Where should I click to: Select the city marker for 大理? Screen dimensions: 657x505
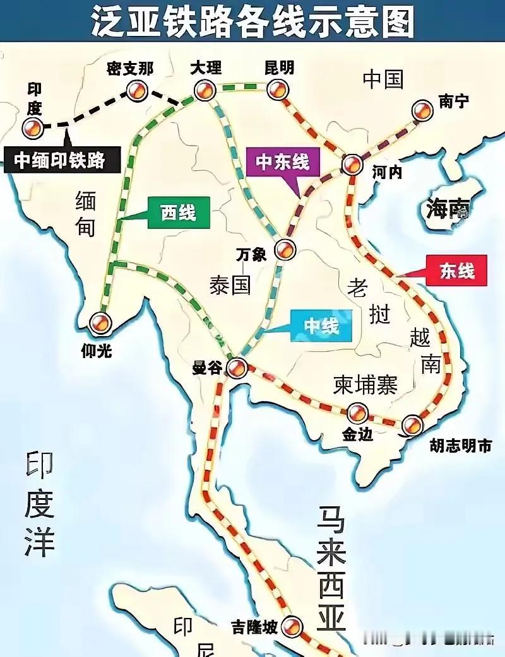(203, 93)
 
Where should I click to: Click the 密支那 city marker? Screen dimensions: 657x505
(135, 93)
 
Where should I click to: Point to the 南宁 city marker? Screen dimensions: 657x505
(422, 111)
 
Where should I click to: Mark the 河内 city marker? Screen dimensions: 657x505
(352, 164)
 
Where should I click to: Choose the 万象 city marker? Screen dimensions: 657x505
(285, 250)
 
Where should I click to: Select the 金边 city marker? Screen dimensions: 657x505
(357, 414)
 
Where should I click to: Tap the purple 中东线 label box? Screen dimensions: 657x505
(283, 162)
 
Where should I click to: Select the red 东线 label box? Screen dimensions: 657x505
(458, 271)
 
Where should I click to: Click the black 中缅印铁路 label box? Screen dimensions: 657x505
(61, 160)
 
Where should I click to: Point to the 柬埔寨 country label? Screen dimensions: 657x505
(365, 385)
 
